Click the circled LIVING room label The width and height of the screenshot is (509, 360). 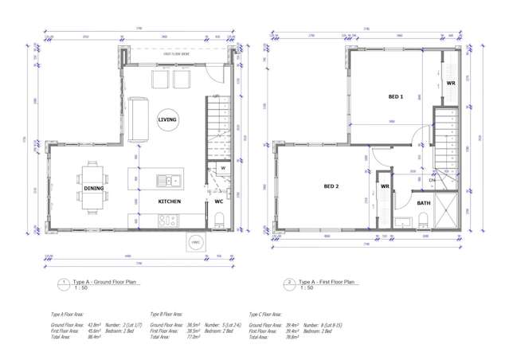tap(167, 119)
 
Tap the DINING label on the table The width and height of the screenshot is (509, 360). tap(93, 188)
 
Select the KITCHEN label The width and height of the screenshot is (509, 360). tap(169, 202)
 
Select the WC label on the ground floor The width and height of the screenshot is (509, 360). tap(218, 202)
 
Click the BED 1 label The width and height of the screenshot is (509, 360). tap(396, 96)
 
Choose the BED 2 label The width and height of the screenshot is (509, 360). tap(332, 186)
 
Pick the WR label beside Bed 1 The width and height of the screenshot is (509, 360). tap(450, 83)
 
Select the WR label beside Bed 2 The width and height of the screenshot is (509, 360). tap(384, 186)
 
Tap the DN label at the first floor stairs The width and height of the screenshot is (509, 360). tap(431, 181)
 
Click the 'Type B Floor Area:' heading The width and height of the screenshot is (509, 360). tap(172, 315)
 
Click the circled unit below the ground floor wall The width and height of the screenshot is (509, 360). tap(194, 243)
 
